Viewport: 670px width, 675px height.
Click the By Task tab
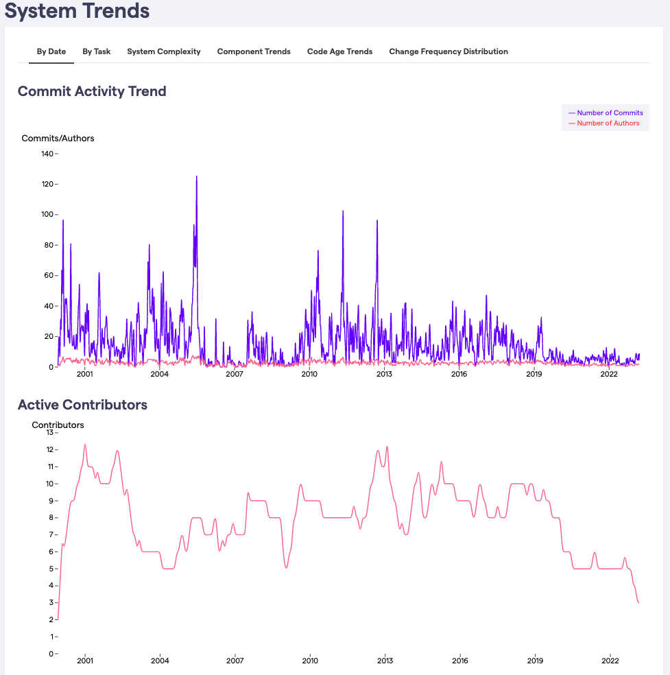click(97, 51)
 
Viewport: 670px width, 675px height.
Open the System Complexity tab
click(164, 51)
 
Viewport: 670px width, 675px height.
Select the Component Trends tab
click(254, 51)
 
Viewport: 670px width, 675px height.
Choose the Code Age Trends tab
click(339, 51)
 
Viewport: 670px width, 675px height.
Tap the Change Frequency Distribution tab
click(448, 51)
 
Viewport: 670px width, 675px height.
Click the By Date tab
click(51, 51)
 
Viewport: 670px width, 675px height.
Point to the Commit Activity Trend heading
click(92, 91)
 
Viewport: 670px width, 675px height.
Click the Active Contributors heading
click(82, 405)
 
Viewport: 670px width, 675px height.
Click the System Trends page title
click(77, 11)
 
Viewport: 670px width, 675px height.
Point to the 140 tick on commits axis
click(47, 154)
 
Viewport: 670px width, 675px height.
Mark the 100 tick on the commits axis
click(47, 215)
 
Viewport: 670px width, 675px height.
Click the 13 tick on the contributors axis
click(49, 433)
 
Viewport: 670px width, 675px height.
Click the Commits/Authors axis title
click(58, 139)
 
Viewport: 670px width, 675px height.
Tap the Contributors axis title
click(58, 425)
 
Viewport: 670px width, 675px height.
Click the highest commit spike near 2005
click(196, 177)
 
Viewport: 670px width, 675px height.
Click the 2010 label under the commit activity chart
click(309, 374)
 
